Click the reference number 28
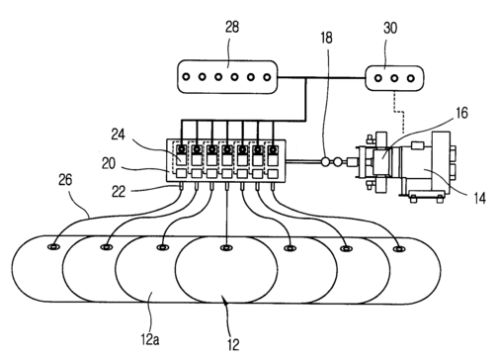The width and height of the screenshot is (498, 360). point(232,27)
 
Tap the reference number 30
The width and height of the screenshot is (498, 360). point(390,28)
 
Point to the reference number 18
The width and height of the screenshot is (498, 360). point(326,38)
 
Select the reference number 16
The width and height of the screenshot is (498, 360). point(461,113)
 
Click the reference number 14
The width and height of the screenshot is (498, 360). point(479,198)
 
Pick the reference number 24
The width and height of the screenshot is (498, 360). point(118,135)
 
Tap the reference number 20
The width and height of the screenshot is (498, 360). point(109,163)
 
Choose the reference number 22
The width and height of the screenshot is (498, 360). point(119,192)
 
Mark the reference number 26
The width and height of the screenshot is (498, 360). point(65,180)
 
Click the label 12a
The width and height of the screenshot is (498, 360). point(150,339)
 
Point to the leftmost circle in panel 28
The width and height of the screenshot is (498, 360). point(186,77)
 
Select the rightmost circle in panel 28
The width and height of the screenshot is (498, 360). point(267,77)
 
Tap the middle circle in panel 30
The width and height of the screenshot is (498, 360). point(394,78)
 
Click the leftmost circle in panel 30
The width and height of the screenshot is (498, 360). point(378,78)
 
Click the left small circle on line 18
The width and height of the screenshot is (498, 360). point(325,162)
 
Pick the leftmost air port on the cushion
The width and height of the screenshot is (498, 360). point(52,246)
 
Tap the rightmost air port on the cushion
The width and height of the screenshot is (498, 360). point(399,249)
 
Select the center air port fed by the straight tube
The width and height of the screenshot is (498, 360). point(225,247)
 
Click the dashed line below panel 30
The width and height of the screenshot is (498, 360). point(398,112)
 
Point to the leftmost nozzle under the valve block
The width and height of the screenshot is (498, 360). point(181,186)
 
